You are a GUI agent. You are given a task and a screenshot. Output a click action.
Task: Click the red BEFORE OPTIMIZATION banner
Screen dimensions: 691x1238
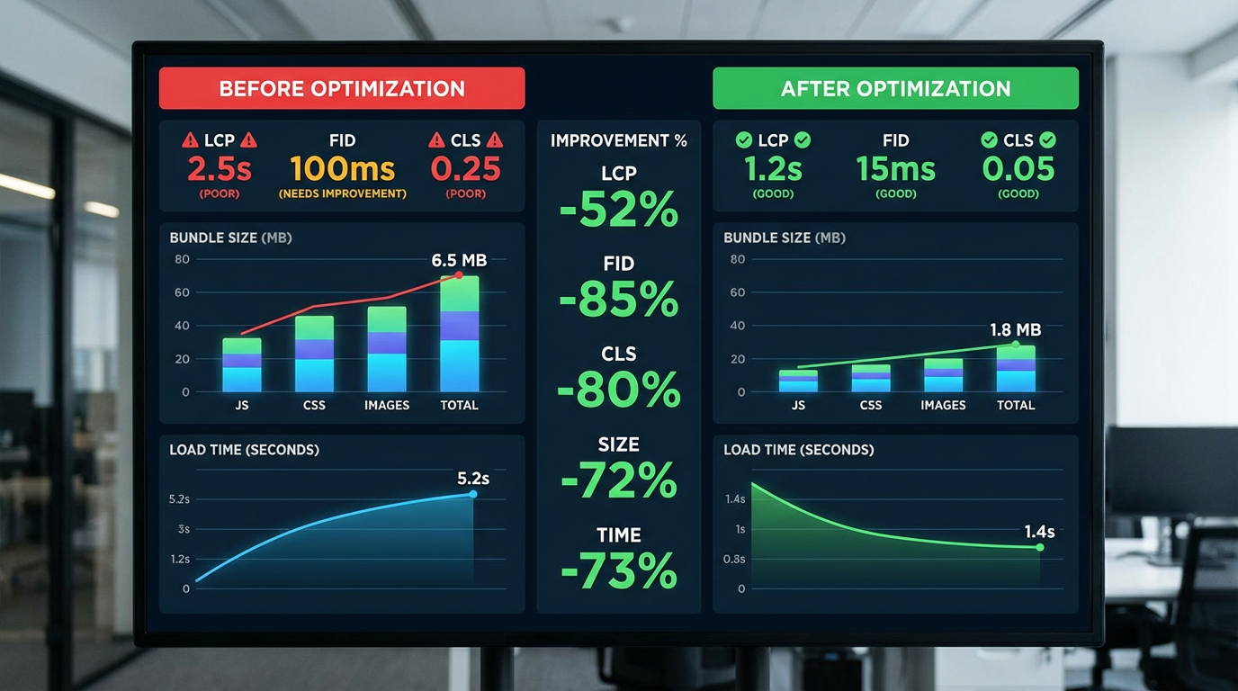pos(342,88)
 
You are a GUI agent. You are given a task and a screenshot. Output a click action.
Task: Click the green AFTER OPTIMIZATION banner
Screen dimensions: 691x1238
pos(895,88)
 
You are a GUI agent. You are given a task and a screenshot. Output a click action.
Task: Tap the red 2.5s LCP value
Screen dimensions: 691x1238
pos(220,168)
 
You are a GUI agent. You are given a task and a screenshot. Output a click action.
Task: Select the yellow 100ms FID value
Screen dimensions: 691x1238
pos(342,168)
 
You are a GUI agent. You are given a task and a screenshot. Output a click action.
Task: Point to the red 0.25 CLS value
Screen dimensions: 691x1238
pos(465,168)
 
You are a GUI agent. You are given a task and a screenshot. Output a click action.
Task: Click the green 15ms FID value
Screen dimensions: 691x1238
pos(895,168)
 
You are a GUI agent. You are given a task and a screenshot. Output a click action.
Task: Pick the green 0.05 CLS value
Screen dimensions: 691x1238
pos(1018,168)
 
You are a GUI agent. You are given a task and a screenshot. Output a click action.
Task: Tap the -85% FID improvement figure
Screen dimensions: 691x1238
pos(619,300)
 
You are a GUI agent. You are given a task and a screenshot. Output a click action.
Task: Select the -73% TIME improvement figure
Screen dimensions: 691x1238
pos(619,570)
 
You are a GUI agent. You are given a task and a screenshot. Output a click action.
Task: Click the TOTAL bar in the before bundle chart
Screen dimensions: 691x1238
pos(459,335)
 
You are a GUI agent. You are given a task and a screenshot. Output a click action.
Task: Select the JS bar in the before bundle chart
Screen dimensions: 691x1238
pos(242,365)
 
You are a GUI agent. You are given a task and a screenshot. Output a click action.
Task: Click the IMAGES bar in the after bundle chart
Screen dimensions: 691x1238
pos(943,376)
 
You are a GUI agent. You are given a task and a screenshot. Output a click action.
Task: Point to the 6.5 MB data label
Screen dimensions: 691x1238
pos(459,260)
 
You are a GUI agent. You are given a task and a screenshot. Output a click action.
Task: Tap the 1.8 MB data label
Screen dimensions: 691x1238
pos(1015,330)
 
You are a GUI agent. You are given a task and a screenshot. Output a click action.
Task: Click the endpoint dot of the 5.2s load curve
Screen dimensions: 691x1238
pos(473,494)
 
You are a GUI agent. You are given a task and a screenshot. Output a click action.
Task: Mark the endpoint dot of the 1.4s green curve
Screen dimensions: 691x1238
pos(1040,547)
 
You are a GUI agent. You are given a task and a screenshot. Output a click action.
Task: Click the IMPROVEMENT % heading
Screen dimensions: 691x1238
pos(619,140)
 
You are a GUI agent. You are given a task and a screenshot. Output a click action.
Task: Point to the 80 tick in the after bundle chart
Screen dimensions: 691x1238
pos(738,259)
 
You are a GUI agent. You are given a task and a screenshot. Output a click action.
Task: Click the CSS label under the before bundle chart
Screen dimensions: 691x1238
pos(314,405)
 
